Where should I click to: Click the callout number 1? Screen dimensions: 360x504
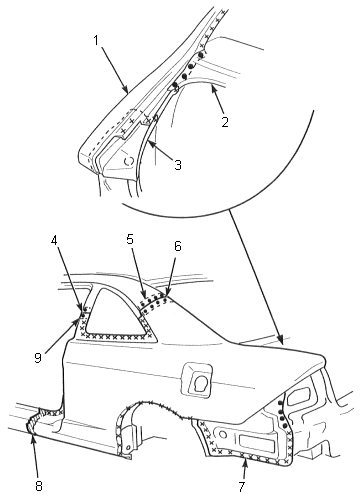[x=96, y=41]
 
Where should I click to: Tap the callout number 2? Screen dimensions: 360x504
[x=225, y=122]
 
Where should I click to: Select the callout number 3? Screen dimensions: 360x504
[x=178, y=164]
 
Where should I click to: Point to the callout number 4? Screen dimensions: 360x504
[x=54, y=240]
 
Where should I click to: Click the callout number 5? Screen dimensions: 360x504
[x=130, y=239]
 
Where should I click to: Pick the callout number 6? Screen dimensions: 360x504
[x=178, y=246]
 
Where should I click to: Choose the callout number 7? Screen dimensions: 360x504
[x=242, y=487]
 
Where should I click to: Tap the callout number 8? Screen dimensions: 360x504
[x=39, y=486]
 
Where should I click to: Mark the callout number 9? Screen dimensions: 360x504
[x=38, y=358]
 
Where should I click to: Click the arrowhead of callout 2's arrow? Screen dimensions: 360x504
[x=213, y=88]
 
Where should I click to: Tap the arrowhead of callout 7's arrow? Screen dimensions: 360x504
[x=245, y=460]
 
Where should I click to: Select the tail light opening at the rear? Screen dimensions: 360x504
[x=299, y=398]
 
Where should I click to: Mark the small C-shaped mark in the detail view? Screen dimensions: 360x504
[x=129, y=161]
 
